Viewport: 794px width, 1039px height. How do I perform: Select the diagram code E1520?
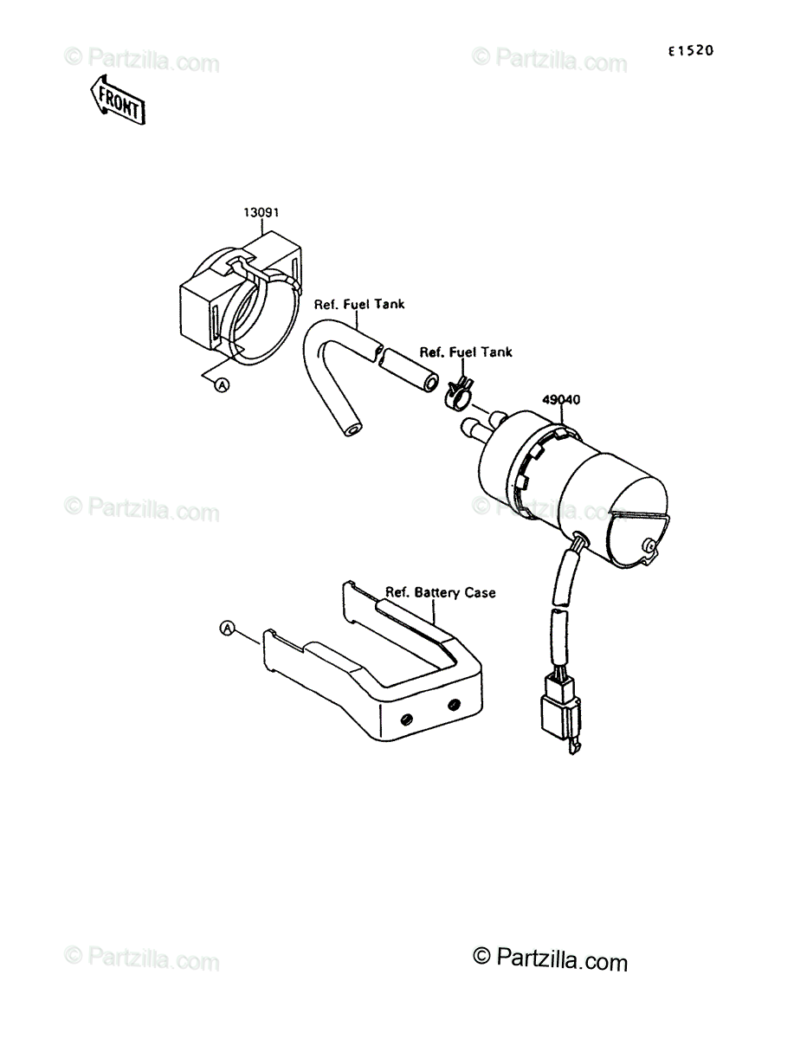(689, 51)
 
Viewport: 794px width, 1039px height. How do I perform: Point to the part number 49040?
(561, 400)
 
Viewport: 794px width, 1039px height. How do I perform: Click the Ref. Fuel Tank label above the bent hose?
(360, 304)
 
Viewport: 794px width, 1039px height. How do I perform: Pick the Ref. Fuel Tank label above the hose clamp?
(466, 352)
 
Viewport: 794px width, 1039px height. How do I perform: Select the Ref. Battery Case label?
(441, 592)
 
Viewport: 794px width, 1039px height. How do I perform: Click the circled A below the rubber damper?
(222, 384)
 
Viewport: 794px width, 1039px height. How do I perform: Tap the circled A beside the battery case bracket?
(228, 629)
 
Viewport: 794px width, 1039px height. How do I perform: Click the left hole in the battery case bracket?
(404, 720)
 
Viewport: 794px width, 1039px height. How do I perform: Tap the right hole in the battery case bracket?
(453, 705)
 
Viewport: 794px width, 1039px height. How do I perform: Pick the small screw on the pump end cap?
(648, 545)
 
